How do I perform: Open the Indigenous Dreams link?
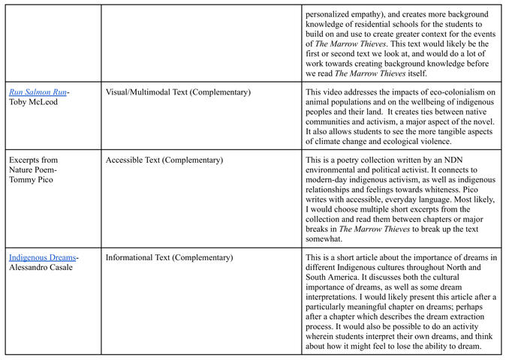(42, 258)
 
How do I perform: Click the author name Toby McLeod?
(32, 102)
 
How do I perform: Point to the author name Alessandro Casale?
(41, 268)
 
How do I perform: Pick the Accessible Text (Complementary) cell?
(164, 160)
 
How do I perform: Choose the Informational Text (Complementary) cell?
(169, 258)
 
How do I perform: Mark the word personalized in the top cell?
(331, 14)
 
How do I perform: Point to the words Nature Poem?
(32, 170)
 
